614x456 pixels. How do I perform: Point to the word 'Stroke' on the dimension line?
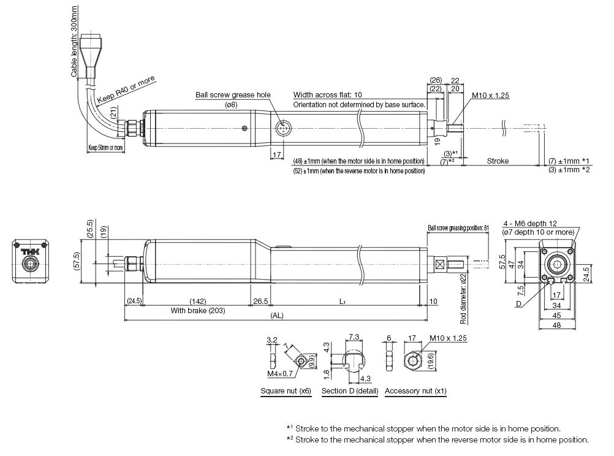[x=498, y=161]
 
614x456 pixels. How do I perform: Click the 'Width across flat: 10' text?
[x=327, y=95]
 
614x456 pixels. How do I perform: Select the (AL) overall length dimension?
[x=276, y=316]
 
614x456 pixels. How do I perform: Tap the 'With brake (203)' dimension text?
[x=197, y=310]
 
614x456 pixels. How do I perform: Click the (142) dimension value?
[x=197, y=302]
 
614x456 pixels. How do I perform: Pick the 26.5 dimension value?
[x=260, y=302]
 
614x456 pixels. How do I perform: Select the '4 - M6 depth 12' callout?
[x=531, y=224]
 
